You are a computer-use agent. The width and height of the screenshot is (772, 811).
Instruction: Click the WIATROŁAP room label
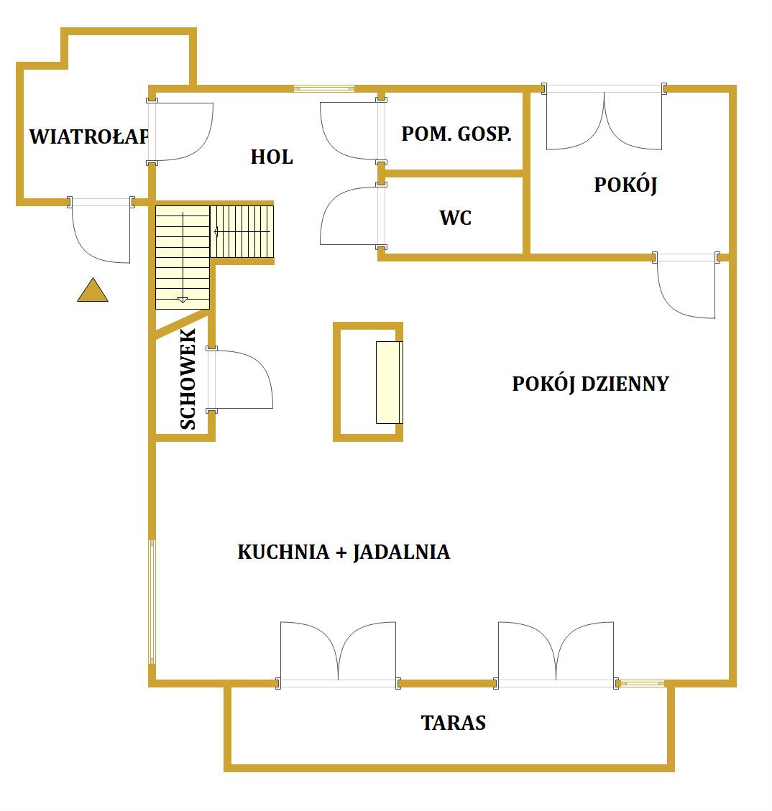(89, 136)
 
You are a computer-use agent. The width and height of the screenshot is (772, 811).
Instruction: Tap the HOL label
(272, 157)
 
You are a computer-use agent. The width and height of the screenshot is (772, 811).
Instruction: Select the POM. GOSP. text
(456, 134)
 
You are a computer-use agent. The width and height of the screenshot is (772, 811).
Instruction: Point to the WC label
(455, 218)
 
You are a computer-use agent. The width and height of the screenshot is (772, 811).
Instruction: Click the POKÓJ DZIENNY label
(590, 384)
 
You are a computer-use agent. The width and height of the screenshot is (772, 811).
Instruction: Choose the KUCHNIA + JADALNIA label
(344, 552)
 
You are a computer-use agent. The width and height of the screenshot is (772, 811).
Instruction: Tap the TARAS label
(454, 723)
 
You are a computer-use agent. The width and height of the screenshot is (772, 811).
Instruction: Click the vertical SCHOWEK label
(188, 379)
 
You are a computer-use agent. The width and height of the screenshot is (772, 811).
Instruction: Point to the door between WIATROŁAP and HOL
(181, 131)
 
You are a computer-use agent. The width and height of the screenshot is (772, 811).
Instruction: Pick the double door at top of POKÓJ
(604, 117)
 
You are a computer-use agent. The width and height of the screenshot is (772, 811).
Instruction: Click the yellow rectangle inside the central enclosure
(389, 382)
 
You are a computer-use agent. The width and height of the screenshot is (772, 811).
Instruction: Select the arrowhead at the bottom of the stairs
(182, 300)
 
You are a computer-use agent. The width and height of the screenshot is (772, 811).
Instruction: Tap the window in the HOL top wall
(324, 88)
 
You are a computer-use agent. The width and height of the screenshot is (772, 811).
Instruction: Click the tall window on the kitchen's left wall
(152, 601)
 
